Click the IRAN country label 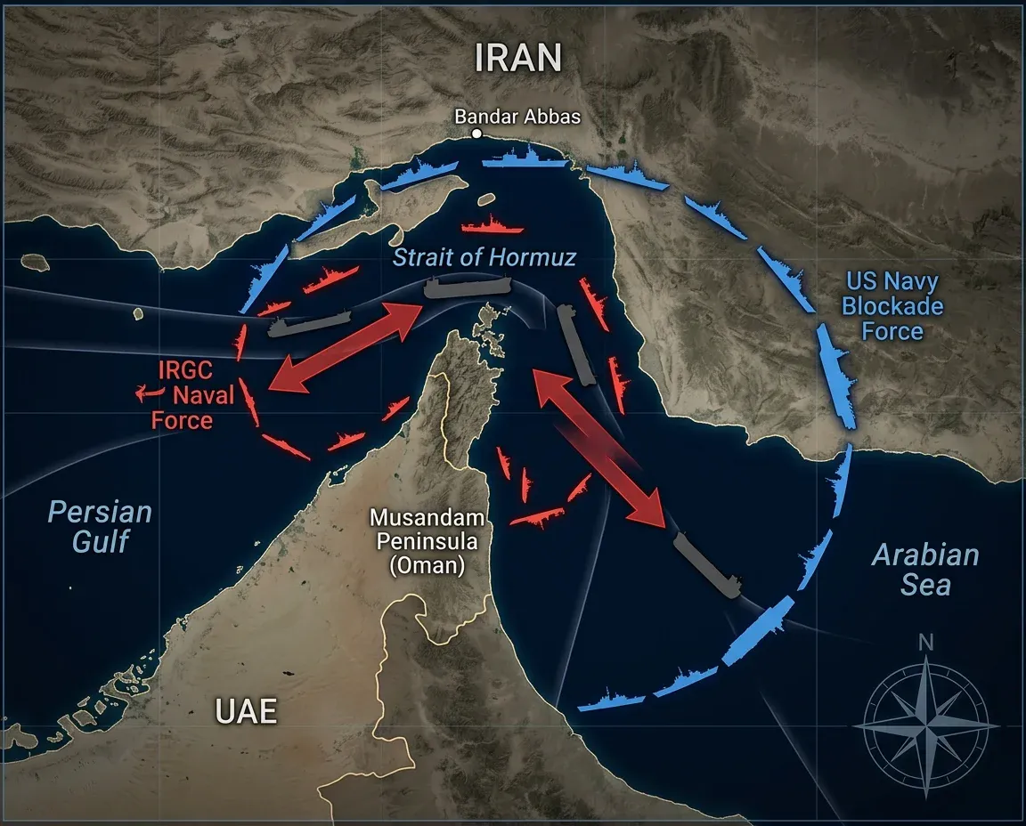(x=517, y=58)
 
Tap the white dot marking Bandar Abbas (x=476, y=134)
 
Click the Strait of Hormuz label (x=484, y=258)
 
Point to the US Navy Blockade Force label (x=892, y=307)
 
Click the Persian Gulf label (x=99, y=526)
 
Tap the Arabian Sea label (x=924, y=570)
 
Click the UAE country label (x=246, y=711)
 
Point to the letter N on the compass (x=926, y=643)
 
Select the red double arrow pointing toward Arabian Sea (x=600, y=450)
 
